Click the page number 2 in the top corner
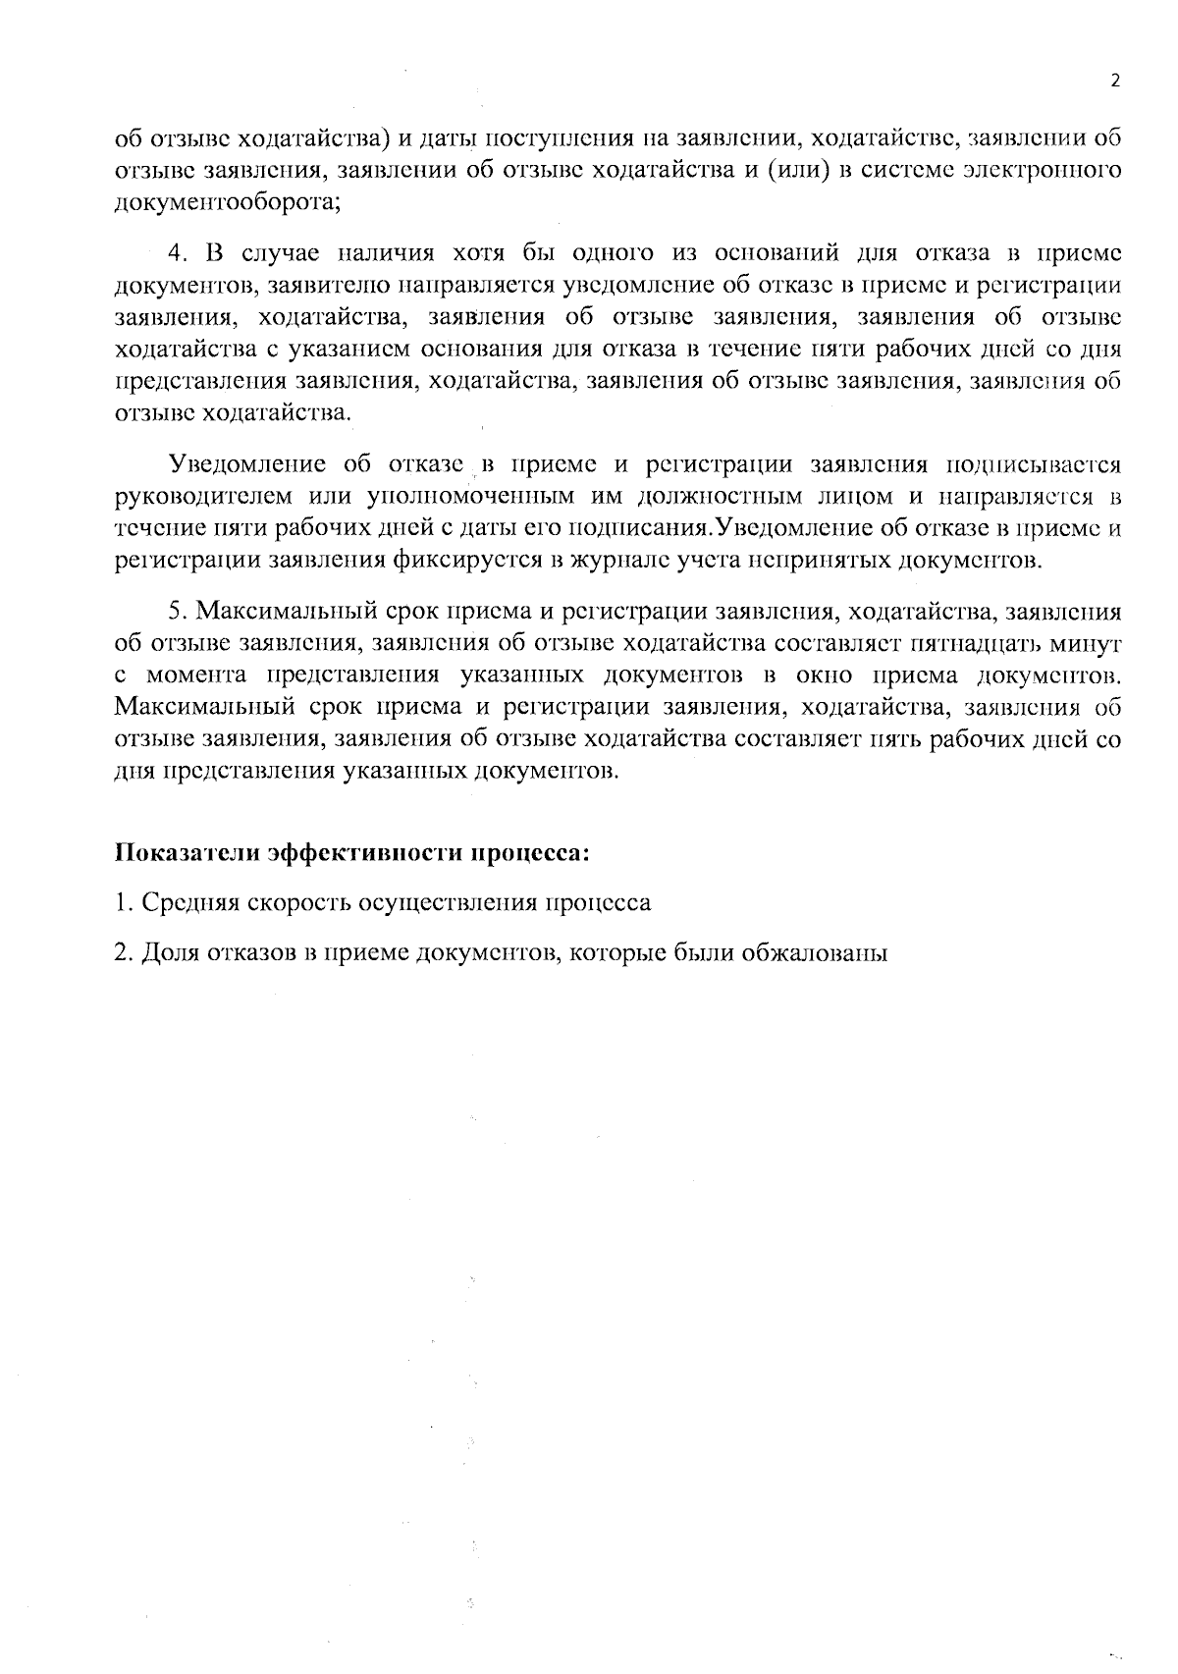click(1114, 81)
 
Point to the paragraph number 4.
click(177, 252)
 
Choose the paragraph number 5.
click(177, 611)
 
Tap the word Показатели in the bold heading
click(187, 851)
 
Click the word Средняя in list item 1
click(187, 902)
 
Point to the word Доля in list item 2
click(169, 952)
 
